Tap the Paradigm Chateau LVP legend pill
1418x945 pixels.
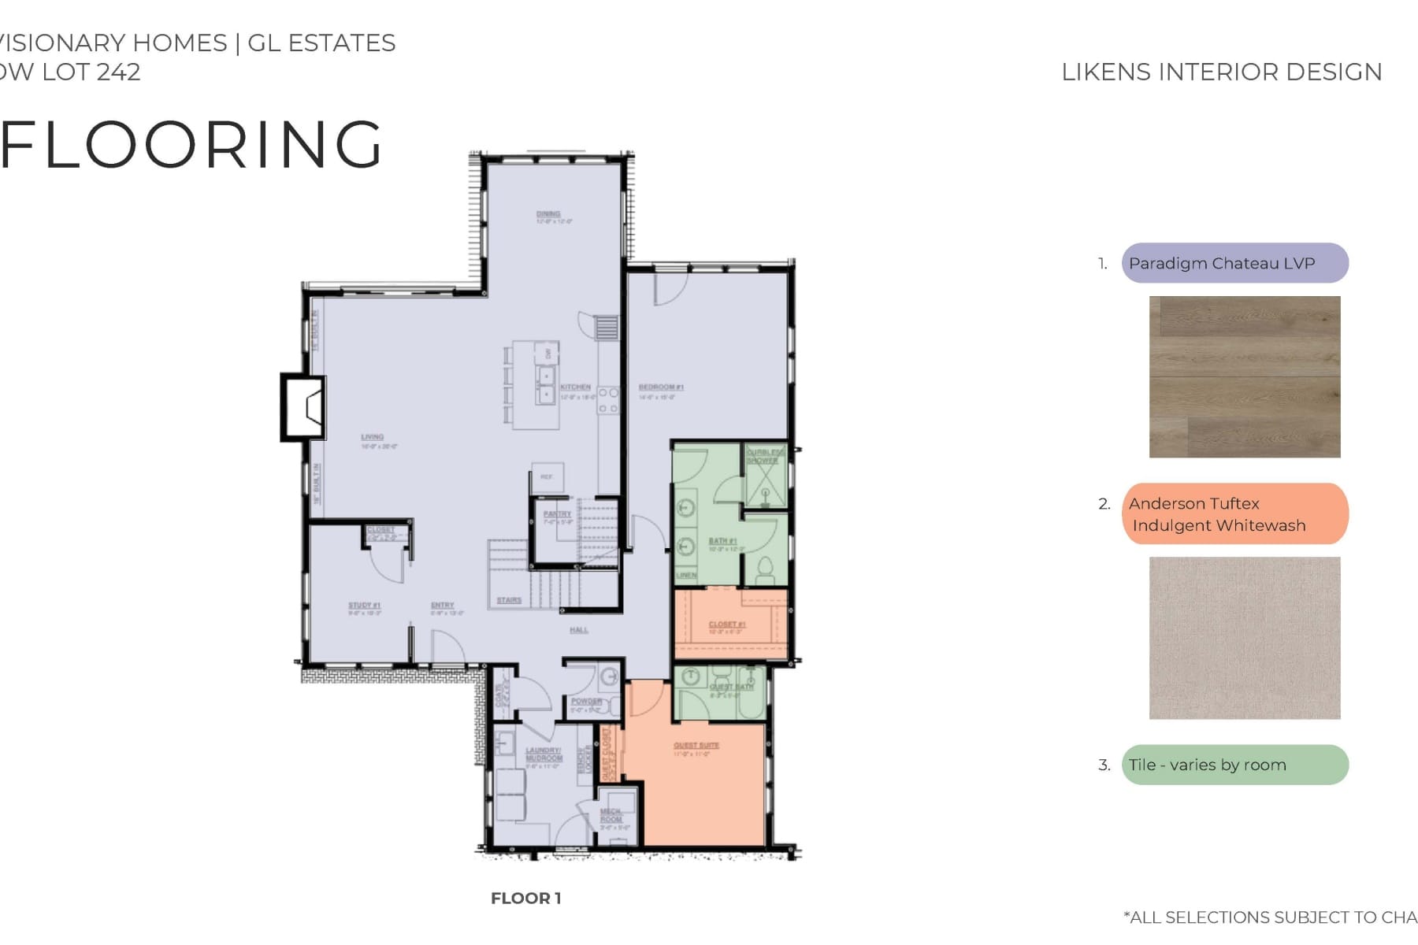[x=1234, y=263]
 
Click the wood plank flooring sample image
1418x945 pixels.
[x=1244, y=376]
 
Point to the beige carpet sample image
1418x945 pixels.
[x=1244, y=638]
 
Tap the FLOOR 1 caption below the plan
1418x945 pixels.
[x=525, y=899]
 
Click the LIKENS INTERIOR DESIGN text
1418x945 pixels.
[x=1221, y=72]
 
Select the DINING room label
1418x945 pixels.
[x=548, y=214]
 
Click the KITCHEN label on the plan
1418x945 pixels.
[x=575, y=387]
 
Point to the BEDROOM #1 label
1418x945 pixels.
[x=661, y=387]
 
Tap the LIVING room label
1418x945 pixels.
[x=373, y=437]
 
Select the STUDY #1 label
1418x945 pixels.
[x=364, y=606]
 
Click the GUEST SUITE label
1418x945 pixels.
[x=696, y=745]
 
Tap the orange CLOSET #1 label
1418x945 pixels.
[x=726, y=624]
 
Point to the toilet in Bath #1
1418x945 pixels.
[x=764, y=566]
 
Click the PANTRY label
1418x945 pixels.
[x=557, y=514]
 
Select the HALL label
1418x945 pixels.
[x=579, y=630]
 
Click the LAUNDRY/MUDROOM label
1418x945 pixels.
[x=544, y=754]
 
